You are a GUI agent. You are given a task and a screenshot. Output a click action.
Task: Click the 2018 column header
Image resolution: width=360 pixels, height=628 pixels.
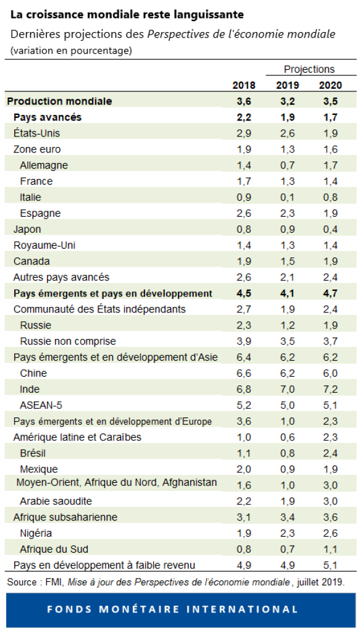(243, 85)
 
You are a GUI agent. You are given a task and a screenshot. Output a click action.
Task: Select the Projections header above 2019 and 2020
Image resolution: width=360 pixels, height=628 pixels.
(309, 69)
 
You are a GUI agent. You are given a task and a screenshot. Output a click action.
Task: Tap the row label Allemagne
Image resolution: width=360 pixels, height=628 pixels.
(44, 165)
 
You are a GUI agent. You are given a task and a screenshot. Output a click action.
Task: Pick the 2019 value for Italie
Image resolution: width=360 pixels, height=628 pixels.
(287, 198)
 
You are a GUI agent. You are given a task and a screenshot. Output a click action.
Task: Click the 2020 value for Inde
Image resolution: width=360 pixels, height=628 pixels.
(330, 390)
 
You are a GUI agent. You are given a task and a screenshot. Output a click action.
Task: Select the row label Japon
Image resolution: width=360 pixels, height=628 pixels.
(27, 229)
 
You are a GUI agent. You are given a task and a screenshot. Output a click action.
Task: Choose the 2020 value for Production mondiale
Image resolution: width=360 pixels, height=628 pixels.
(330, 101)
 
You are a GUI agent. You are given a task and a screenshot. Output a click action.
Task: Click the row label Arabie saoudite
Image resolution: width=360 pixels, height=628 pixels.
(56, 501)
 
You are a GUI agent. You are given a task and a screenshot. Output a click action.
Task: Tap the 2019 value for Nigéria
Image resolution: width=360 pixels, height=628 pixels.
(287, 534)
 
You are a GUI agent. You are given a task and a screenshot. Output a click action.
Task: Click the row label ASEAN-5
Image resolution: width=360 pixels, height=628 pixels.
(42, 406)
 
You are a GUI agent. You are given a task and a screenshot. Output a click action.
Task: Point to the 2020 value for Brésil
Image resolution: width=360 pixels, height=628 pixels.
(330, 453)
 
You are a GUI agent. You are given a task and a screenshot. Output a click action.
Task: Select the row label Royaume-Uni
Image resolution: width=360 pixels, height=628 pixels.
(44, 245)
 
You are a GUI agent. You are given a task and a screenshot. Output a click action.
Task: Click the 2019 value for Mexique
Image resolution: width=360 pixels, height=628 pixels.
(287, 469)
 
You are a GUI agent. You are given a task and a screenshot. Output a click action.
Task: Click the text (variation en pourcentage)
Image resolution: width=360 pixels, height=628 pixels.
(71, 50)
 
